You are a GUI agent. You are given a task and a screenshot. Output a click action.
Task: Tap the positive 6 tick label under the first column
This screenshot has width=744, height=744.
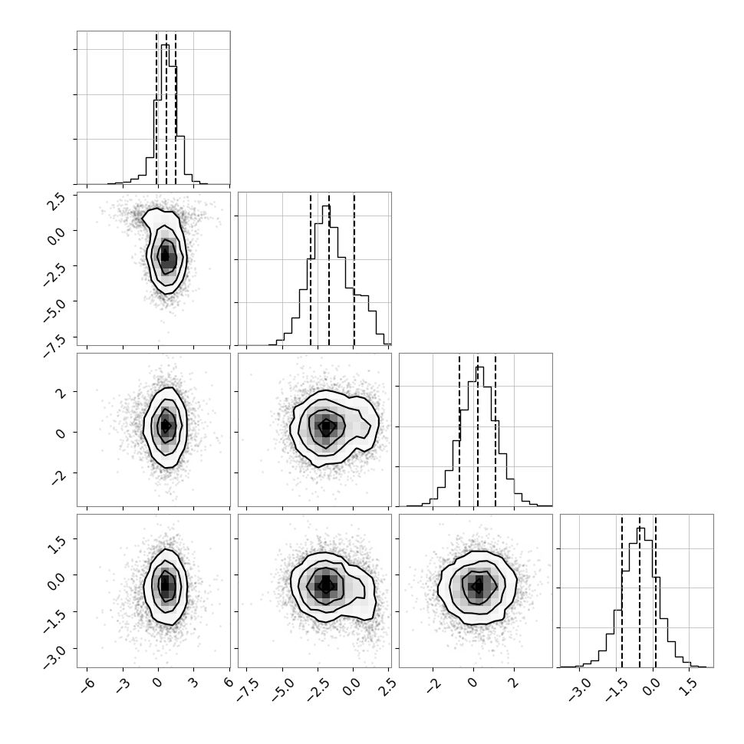tap(229, 683)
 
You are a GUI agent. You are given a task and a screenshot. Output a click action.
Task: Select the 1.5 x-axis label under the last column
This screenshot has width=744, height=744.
tap(690, 686)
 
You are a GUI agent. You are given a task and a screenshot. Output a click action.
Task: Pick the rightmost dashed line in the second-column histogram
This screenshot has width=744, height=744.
tap(354, 269)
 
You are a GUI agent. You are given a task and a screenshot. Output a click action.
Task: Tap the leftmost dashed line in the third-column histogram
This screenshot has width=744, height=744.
tap(459, 430)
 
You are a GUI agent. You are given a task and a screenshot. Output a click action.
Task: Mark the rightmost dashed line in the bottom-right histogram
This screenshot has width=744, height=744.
tap(655, 591)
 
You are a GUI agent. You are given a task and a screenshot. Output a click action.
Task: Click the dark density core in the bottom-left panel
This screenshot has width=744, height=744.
tap(165, 584)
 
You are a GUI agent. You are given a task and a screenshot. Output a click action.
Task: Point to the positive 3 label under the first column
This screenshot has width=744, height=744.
tap(193, 683)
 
